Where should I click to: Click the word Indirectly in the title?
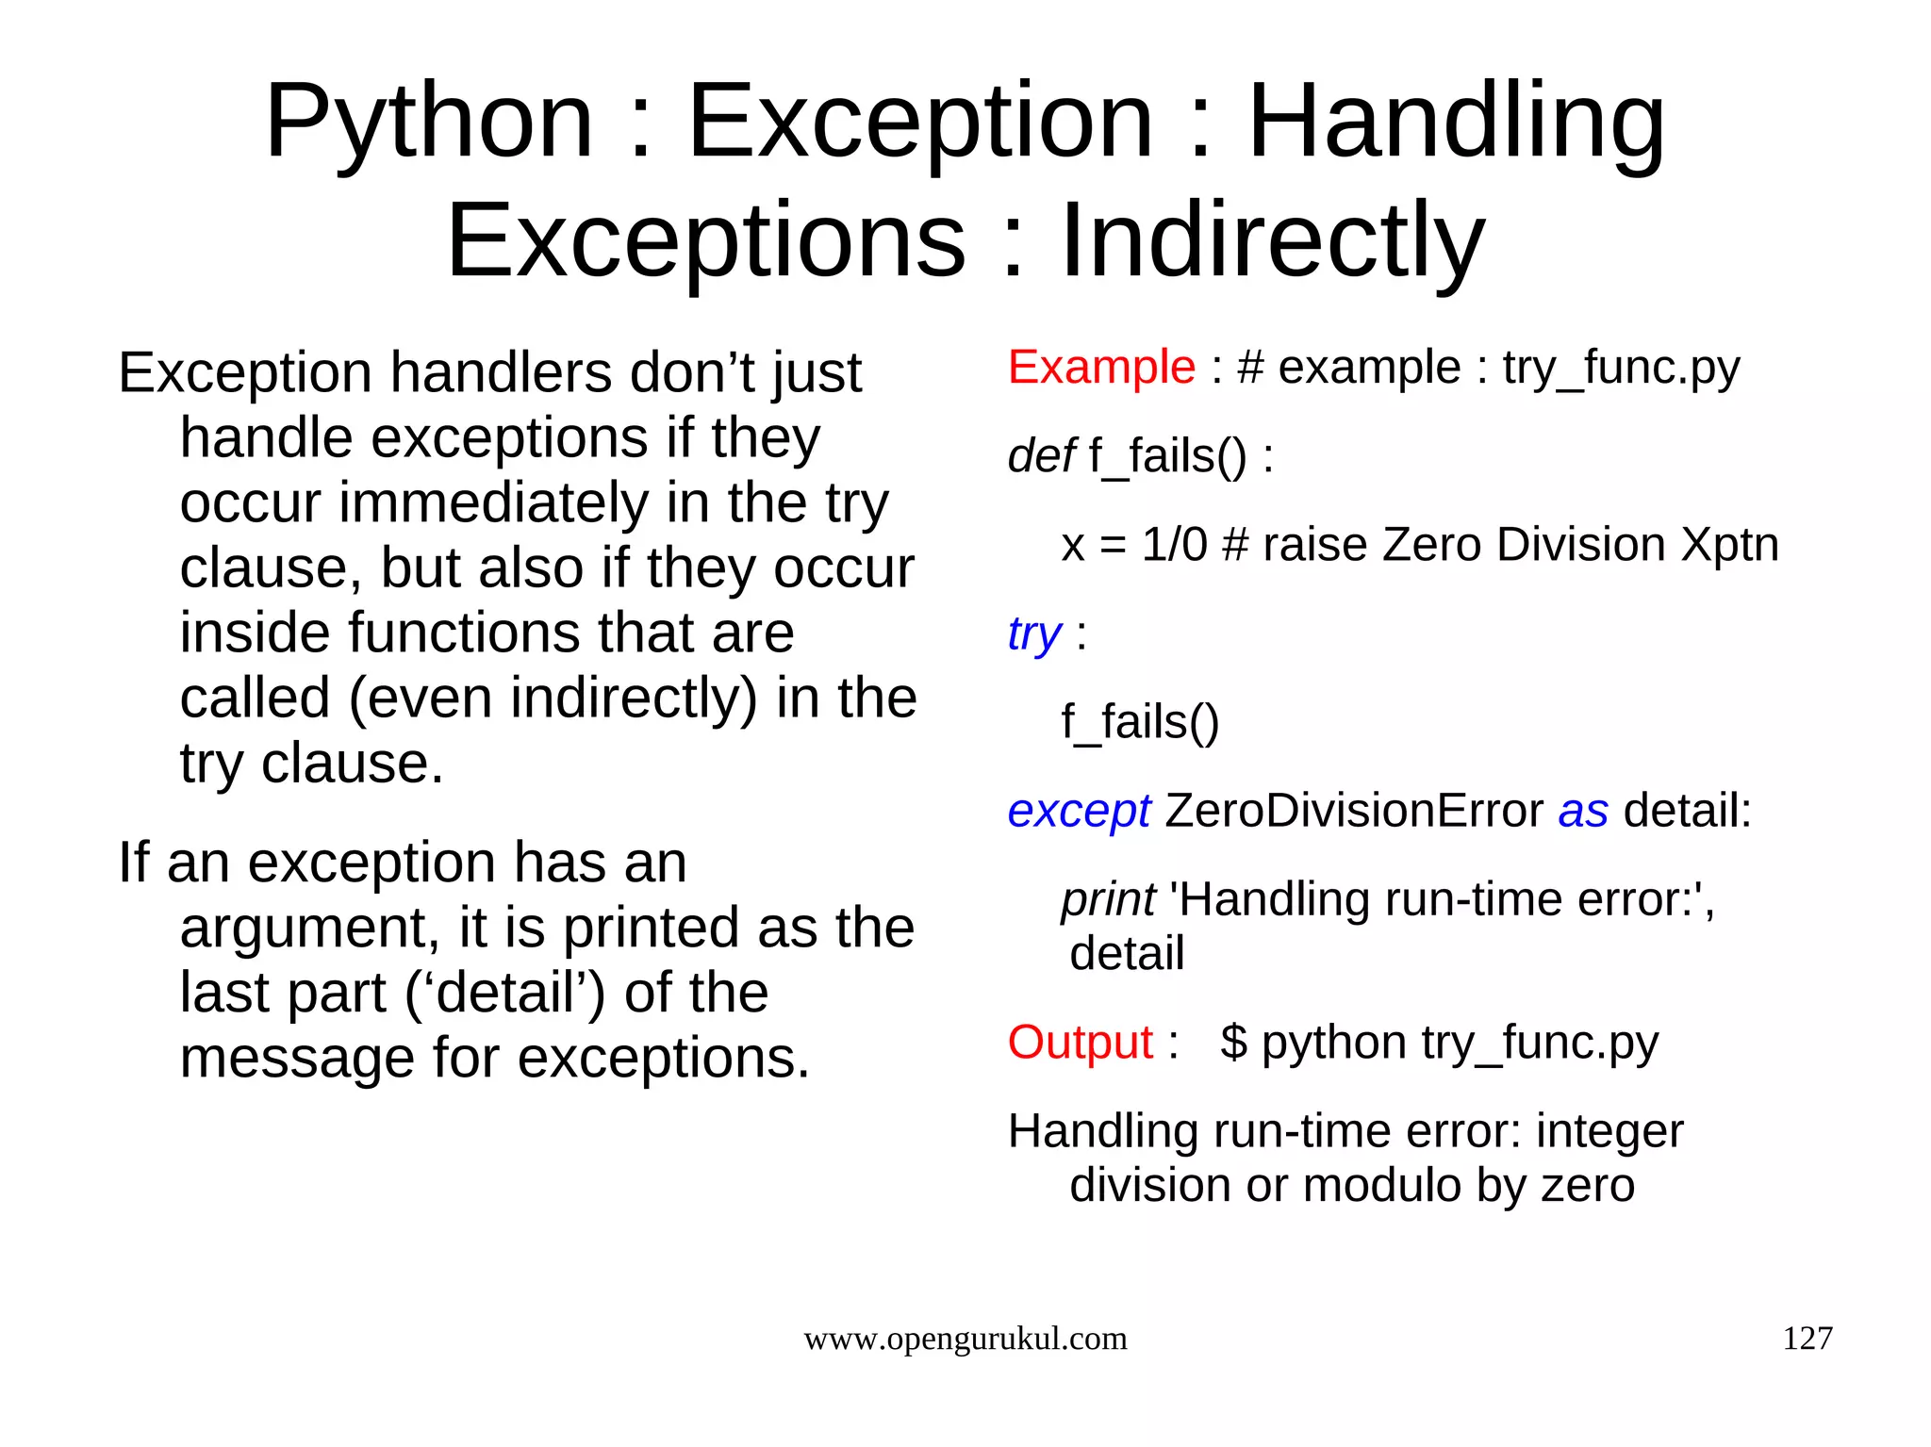coord(1272,242)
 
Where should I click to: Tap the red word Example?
coord(1100,367)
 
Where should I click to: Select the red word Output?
coord(1080,1043)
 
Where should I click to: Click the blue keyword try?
coord(1033,633)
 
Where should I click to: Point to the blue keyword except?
coord(1078,811)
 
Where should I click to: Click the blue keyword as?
coord(1582,811)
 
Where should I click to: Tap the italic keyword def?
coord(1040,456)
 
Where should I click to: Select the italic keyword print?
coord(1107,899)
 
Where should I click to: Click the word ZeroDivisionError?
coord(1353,811)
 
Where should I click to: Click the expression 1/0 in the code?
coord(1173,545)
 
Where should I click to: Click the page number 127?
coord(1807,1339)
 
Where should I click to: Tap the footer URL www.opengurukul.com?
coord(965,1339)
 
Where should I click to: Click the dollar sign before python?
coord(1233,1043)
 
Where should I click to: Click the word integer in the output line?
coord(1609,1131)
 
